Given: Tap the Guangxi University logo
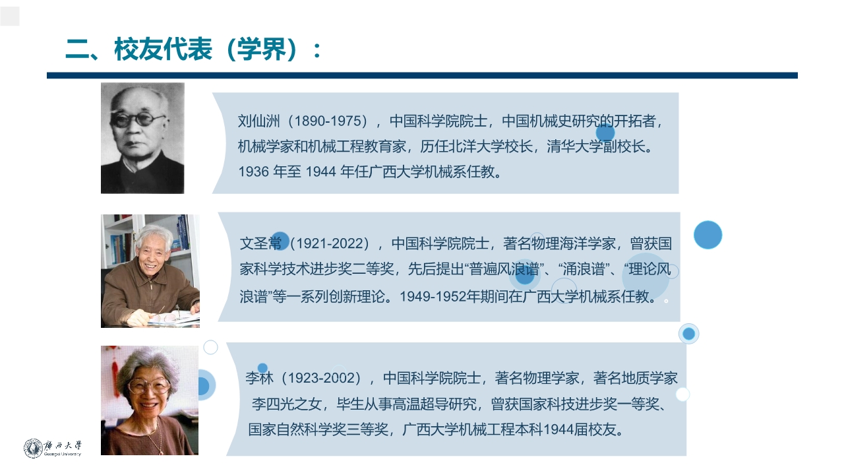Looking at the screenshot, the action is (52, 448).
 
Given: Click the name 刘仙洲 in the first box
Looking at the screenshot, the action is (259, 121).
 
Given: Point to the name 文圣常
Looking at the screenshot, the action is (260, 243).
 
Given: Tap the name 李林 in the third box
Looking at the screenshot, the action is (259, 378).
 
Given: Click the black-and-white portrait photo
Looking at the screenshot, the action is (142, 138).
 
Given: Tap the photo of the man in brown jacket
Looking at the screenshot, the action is (150, 271).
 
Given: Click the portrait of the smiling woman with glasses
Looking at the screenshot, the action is (149, 400).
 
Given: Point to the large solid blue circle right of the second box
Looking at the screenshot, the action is (708, 235).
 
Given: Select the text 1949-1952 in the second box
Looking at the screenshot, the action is (433, 296).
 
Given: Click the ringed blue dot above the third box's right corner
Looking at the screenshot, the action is (688, 334).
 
